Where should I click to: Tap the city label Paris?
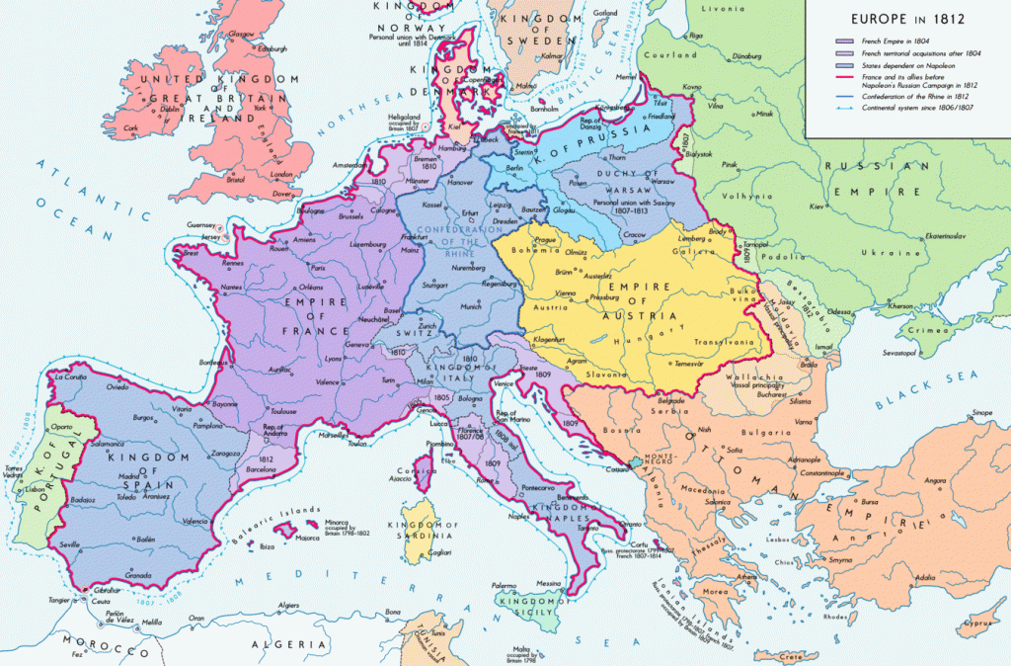pos(318,268)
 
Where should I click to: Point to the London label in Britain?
pos(281,175)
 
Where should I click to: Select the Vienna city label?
pos(541,293)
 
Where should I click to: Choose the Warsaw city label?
pos(637,182)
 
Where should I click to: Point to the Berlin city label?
pos(515,169)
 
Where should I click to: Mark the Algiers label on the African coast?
pos(288,605)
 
